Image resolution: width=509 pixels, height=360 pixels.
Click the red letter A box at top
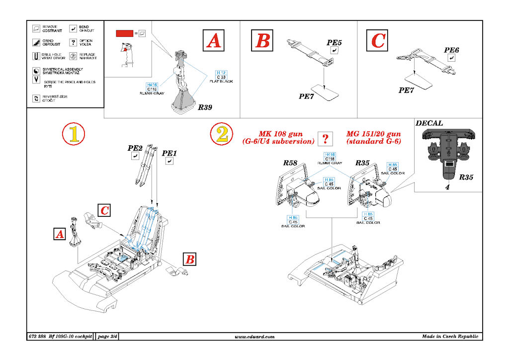(213, 41)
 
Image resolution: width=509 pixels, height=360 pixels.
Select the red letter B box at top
(262, 40)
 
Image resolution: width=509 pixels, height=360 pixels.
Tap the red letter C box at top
(378, 40)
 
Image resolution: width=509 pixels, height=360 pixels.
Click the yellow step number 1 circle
(74, 134)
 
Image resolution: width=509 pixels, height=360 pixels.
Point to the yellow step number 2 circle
(222, 134)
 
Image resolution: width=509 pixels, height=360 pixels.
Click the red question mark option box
(325, 138)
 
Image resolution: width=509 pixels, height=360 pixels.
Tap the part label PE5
(334, 43)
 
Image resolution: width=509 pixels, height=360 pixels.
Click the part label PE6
(451, 50)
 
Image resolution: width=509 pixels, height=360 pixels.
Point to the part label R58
(290, 163)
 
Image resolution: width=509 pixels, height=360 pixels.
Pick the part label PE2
(135, 148)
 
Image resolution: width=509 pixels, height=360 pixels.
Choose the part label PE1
(170, 154)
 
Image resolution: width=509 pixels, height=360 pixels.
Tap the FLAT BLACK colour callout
(221, 81)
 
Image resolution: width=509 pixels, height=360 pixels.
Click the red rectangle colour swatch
(124, 33)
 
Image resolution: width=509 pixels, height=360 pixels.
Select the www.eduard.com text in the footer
(254, 337)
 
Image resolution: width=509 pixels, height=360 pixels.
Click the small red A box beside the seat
(59, 234)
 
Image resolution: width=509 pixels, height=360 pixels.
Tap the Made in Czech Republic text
(450, 337)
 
